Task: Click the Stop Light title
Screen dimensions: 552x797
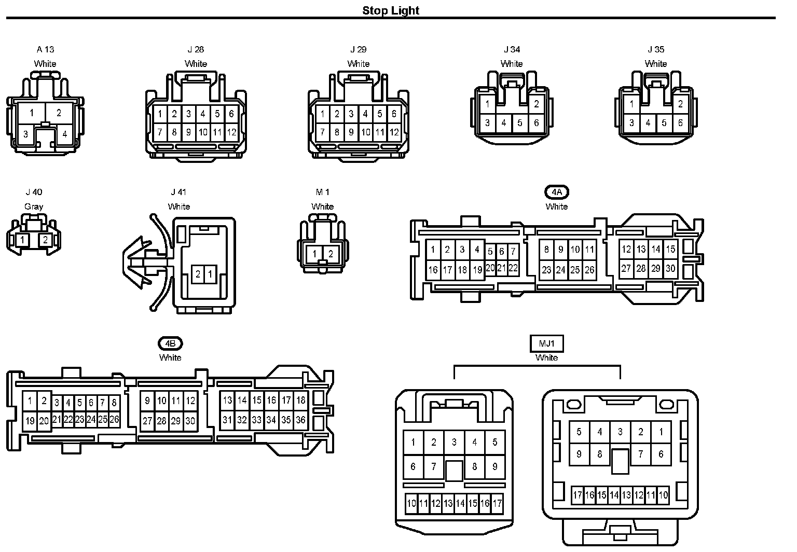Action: coord(390,10)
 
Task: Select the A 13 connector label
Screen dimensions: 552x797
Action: coord(45,50)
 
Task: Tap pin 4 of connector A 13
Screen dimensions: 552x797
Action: coord(64,134)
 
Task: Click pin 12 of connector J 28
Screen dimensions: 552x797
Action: coord(231,132)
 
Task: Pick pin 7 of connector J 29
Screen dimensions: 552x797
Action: coord(322,132)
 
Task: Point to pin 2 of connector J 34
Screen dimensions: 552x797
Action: coord(537,104)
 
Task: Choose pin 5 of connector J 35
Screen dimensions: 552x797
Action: coord(664,123)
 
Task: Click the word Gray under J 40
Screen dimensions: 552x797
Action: coord(34,206)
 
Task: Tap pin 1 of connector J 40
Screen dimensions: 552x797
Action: coord(22,240)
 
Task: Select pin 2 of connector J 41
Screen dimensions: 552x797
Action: coord(198,274)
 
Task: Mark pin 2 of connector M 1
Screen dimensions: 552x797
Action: coord(331,254)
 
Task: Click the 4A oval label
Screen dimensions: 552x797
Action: coord(557,192)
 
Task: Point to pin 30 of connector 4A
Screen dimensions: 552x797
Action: coord(670,268)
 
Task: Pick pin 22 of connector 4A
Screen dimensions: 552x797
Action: coord(513,268)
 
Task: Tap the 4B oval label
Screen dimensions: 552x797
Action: coord(170,343)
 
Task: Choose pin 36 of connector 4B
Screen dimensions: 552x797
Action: coord(300,420)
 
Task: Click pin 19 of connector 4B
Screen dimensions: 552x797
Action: coord(30,421)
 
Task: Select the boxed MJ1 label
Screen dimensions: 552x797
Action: coord(546,343)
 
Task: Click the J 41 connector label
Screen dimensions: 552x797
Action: coord(179,192)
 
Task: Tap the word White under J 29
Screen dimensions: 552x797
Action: coord(358,64)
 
